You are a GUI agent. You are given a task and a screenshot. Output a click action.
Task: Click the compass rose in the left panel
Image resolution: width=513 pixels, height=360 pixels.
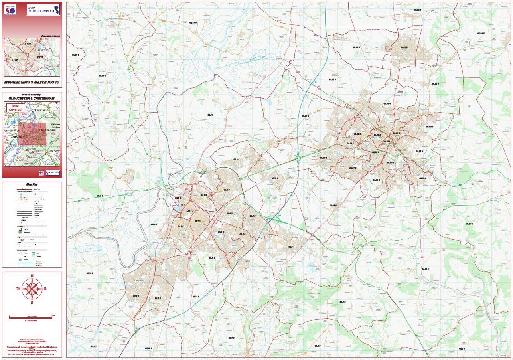tap(32, 288)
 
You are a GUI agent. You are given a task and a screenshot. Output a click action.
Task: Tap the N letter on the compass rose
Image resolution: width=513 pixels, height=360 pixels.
tap(32, 276)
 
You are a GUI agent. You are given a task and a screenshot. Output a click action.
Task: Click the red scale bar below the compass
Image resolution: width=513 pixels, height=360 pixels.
tap(32, 317)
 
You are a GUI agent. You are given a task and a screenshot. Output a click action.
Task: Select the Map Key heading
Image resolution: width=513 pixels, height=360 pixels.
tap(32, 185)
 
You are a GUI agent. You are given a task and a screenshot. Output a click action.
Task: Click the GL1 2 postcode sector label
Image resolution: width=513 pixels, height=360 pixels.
tap(178, 198)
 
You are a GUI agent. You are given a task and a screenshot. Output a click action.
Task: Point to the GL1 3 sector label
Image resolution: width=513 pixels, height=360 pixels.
tap(203, 195)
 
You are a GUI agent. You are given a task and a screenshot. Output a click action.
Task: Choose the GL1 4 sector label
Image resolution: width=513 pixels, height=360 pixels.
tap(197, 220)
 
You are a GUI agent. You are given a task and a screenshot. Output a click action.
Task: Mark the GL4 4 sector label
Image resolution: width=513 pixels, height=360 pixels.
tap(221, 232)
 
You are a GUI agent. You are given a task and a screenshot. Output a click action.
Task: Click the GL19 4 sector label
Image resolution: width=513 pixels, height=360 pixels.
tap(193, 23)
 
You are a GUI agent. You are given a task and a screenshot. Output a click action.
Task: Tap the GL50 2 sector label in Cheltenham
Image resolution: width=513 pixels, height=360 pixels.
tap(375, 152)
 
